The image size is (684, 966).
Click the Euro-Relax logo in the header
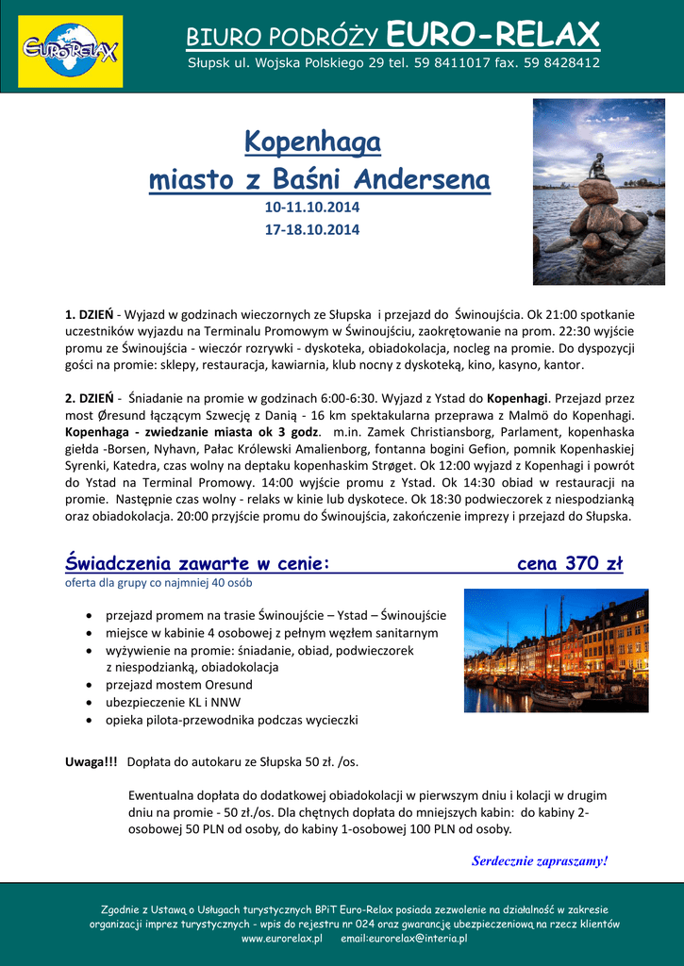70,47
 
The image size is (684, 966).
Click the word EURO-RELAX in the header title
493,36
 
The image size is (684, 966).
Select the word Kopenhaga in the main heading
312,142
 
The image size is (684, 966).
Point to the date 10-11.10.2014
311,207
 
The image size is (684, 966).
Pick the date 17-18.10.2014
311,229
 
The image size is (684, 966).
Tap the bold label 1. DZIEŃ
89,313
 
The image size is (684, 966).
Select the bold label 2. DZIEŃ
89,397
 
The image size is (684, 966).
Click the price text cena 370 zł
570,563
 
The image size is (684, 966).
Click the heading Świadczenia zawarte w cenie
197,564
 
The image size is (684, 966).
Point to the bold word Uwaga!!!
92,760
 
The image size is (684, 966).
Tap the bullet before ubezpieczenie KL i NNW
89,703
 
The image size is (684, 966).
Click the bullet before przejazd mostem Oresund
89,685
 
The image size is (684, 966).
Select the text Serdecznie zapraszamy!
540,860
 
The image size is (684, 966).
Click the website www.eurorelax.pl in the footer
281,939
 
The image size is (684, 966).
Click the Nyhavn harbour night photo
556,651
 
